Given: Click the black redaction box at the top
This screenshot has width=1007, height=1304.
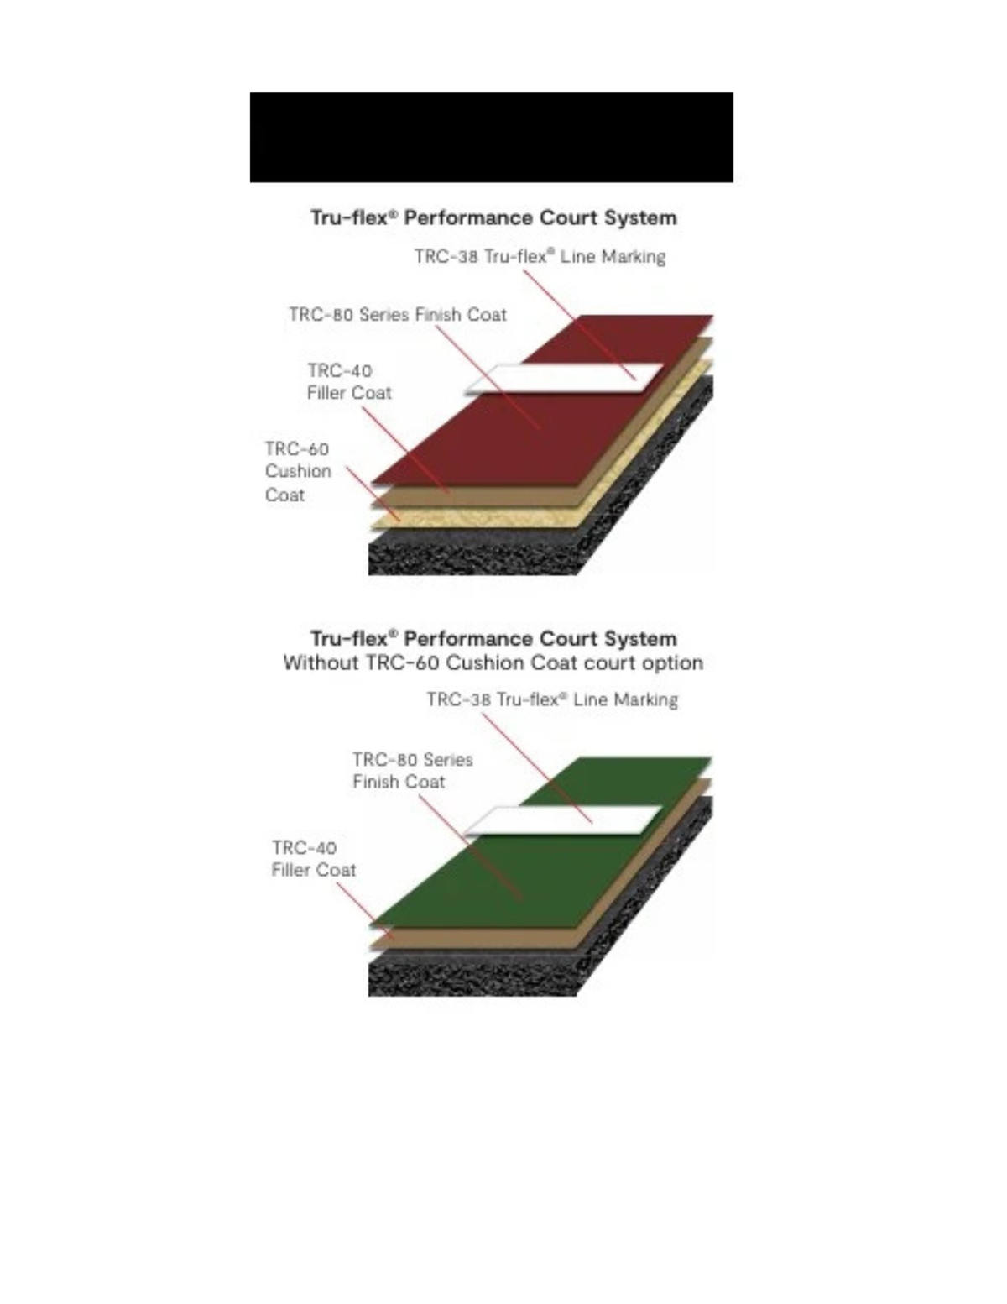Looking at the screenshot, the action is [x=491, y=137].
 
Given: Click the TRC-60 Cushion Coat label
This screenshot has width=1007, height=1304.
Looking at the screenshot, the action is [x=298, y=472].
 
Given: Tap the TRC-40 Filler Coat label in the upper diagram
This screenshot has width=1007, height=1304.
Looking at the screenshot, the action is [x=349, y=382].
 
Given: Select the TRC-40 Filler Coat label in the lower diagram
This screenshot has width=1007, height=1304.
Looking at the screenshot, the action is [x=314, y=859].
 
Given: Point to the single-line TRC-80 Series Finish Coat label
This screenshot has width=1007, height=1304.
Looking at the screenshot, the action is [x=398, y=314].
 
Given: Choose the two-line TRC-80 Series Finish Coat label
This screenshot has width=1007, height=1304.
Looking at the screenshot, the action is [x=413, y=771].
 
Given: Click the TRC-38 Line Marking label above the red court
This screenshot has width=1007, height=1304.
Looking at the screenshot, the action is [x=540, y=256].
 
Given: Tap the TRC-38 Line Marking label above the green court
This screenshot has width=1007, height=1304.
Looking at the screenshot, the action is [x=552, y=699].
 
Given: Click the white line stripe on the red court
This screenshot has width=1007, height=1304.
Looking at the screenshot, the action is [x=564, y=379].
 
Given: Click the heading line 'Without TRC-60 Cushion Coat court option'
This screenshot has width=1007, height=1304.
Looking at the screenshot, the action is [x=493, y=663].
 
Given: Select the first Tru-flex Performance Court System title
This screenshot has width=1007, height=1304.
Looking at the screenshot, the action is [x=493, y=217].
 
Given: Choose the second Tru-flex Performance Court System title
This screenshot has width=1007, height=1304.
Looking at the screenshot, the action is [x=493, y=638].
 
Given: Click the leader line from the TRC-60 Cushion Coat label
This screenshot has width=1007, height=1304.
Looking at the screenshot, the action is [x=373, y=494].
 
